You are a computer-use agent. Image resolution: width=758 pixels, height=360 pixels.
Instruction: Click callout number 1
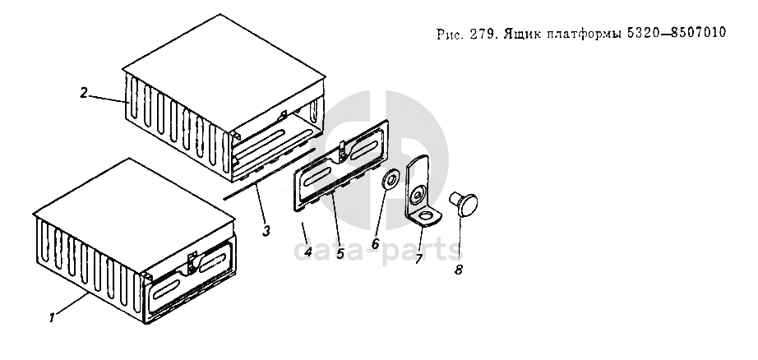(52, 318)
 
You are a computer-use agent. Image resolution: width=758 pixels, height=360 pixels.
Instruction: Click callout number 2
(84, 93)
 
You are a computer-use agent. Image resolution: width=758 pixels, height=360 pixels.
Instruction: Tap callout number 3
(266, 231)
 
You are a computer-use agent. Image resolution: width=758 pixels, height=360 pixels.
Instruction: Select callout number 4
(307, 252)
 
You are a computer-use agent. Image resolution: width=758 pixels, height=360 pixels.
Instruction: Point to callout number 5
(341, 252)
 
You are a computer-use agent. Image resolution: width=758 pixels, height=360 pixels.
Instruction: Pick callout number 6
(376, 243)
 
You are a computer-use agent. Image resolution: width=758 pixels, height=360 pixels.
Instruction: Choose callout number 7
(418, 259)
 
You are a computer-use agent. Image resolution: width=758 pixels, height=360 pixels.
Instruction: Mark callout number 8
(458, 270)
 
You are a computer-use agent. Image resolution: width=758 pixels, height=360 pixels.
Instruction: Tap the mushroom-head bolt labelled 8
(464, 204)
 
